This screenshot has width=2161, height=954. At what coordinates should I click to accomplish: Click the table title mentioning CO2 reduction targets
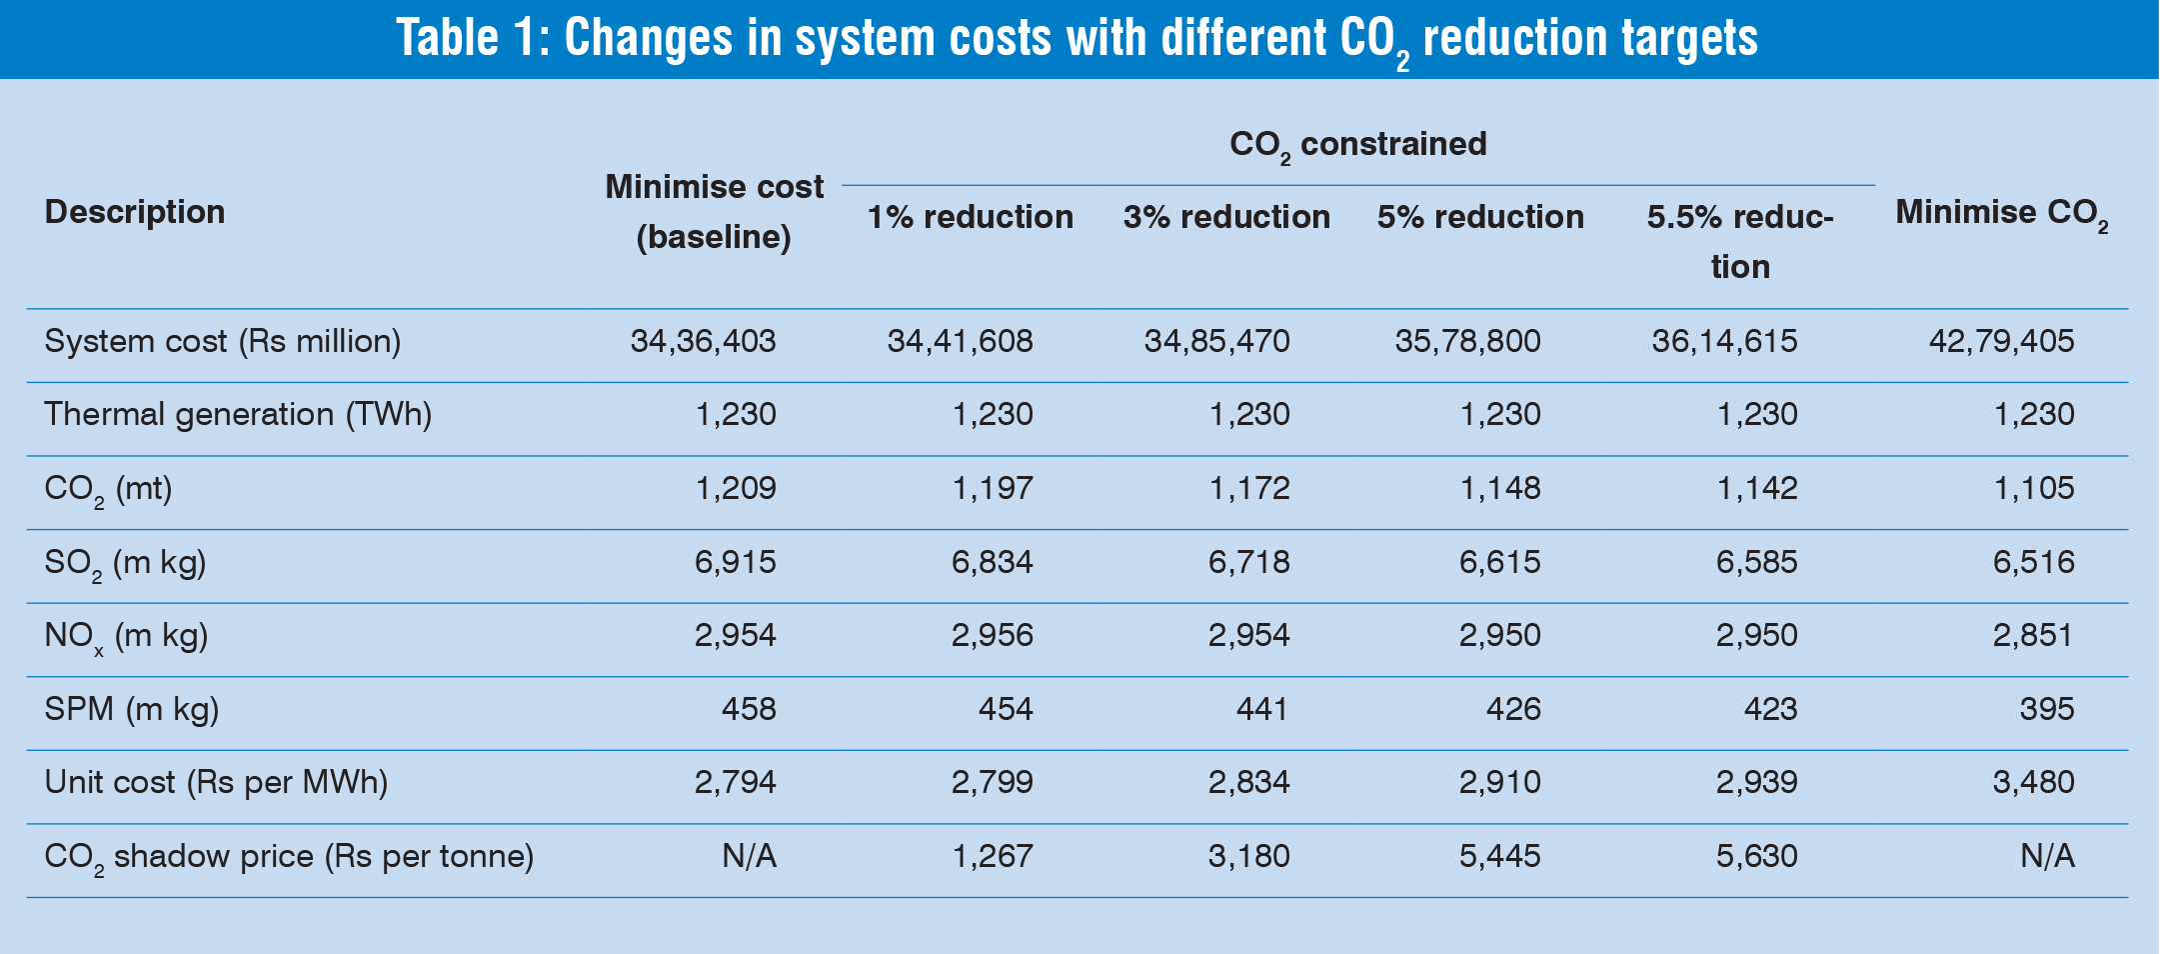[1077, 38]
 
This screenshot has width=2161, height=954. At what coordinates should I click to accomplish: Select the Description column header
[135, 212]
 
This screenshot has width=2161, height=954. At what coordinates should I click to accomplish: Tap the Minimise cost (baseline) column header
[714, 212]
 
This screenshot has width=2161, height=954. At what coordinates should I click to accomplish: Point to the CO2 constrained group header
[1357, 145]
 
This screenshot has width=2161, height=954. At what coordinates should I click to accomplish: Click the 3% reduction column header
[1226, 217]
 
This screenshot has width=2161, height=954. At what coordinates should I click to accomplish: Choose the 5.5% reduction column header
[1740, 241]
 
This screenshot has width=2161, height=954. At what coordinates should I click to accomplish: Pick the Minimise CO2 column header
[2001, 213]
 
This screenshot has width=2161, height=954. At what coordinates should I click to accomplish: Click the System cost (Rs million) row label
[222, 342]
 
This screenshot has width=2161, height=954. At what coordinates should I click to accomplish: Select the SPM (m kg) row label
[131, 709]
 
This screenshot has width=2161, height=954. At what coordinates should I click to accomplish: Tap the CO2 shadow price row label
[289, 857]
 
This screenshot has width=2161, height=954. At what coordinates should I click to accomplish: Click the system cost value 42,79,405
[2001, 342]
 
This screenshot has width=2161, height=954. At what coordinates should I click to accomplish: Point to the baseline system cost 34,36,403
[703, 342]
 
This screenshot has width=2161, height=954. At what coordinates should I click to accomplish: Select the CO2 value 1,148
[1499, 488]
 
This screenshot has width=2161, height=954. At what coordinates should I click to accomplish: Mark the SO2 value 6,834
[992, 562]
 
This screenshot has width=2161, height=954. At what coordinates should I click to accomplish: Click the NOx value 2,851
[2033, 635]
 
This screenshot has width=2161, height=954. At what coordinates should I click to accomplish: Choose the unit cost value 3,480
[2033, 782]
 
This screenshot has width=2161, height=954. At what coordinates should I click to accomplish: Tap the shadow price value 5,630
[1756, 856]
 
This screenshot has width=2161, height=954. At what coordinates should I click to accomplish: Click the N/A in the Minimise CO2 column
[2046, 856]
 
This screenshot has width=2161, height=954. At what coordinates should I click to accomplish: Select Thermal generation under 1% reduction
[992, 415]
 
